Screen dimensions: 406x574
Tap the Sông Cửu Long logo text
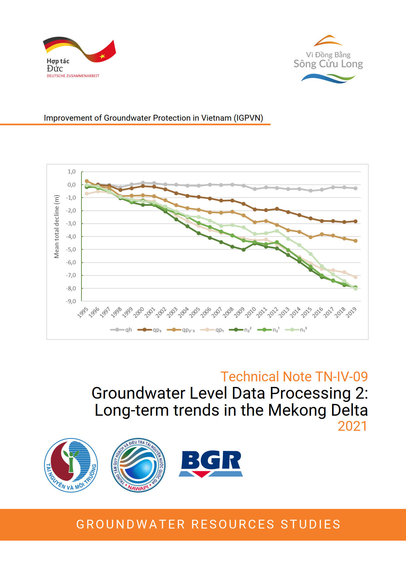[328, 63]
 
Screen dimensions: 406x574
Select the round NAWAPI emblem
[138, 465]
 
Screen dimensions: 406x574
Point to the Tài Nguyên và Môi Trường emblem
[71, 465]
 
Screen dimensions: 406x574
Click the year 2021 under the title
[352, 426]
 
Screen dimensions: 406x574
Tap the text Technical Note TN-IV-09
[294, 376]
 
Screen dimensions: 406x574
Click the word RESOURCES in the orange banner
[233, 524]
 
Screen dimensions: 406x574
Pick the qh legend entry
[121, 330]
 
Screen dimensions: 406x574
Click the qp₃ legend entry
[150, 330]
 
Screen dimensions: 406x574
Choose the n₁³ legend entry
[296, 330]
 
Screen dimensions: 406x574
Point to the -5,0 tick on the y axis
[71, 250]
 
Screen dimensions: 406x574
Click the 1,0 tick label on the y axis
[72, 172]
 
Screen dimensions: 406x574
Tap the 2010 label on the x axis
[251, 312]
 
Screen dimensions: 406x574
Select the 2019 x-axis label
[351, 312]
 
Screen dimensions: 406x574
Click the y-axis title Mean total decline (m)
[57, 227]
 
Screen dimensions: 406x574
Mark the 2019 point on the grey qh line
[356, 188]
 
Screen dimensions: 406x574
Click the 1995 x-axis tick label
[83, 312]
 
